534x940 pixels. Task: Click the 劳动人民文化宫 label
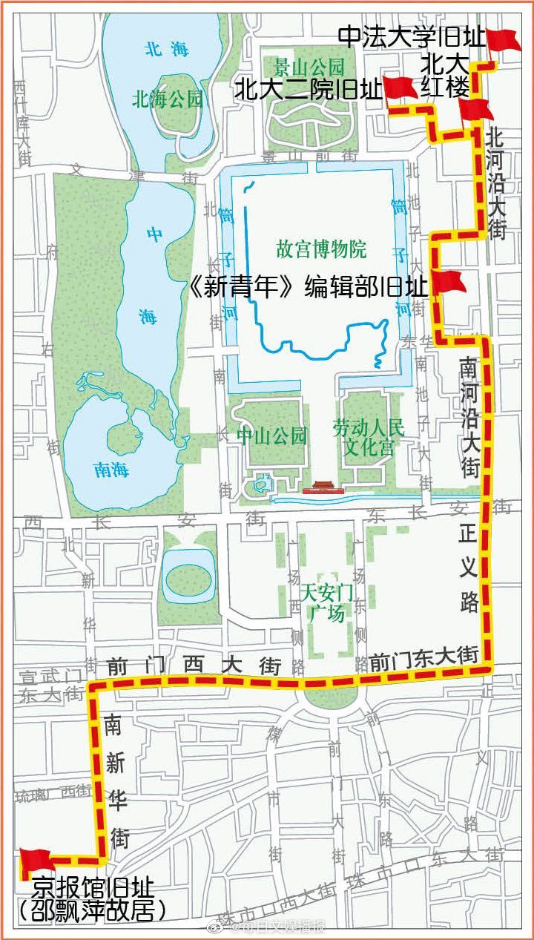coord(368,436)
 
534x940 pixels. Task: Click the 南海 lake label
coord(112,469)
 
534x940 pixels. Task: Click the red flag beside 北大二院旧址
coord(399,88)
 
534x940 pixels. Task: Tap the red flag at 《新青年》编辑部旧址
coord(447,282)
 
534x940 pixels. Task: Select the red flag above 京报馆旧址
coord(35,859)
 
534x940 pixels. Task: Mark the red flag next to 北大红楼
coord(475,111)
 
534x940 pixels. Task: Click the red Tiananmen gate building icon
coord(320,487)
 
